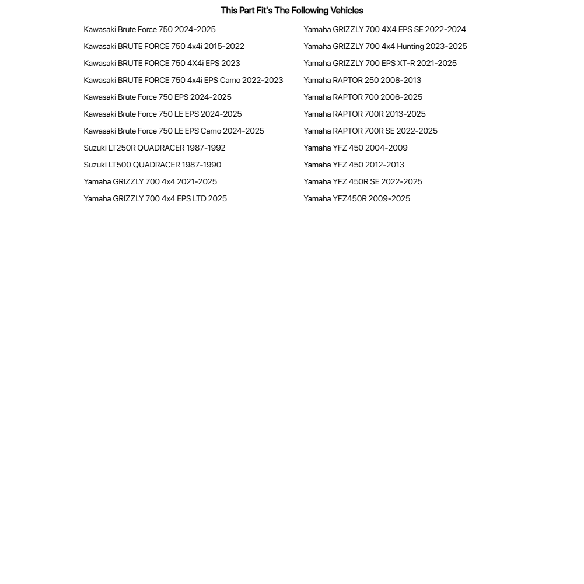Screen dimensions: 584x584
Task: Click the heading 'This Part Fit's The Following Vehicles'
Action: click(x=292, y=11)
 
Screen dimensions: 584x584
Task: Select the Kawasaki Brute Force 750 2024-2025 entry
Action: click(x=149, y=30)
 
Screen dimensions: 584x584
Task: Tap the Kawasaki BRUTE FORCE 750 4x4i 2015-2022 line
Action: click(x=164, y=47)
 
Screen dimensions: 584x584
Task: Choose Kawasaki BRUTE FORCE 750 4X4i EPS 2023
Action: click(x=162, y=64)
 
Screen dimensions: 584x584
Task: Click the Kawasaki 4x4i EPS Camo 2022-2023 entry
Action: click(x=183, y=81)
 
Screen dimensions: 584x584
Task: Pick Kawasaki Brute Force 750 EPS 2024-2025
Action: click(x=158, y=97)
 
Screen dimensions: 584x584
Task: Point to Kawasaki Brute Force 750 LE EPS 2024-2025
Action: click(x=163, y=114)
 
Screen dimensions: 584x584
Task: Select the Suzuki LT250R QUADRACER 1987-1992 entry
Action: click(x=155, y=148)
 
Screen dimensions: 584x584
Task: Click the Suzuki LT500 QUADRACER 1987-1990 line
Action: click(x=152, y=165)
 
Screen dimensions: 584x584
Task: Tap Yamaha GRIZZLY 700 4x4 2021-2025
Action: click(x=150, y=182)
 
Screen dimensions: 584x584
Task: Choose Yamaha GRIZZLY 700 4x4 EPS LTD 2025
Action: click(x=155, y=199)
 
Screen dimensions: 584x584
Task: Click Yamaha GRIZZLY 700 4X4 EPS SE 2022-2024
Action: click(x=384, y=30)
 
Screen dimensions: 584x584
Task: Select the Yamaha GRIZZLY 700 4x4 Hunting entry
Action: click(x=385, y=47)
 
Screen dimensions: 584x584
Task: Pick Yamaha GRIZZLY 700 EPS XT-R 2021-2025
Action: click(x=380, y=64)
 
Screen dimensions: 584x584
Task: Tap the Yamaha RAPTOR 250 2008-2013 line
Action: click(x=362, y=81)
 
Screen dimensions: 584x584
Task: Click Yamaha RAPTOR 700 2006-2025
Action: click(x=363, y=97)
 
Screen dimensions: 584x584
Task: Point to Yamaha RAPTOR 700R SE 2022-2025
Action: click(x=370, y=131)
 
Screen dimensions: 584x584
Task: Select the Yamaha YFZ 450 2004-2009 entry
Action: click(x=355, y=148)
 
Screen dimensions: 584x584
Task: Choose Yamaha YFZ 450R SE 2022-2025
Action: click(x=363, y=182)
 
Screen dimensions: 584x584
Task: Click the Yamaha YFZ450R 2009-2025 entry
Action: click(x=356, y=199)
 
